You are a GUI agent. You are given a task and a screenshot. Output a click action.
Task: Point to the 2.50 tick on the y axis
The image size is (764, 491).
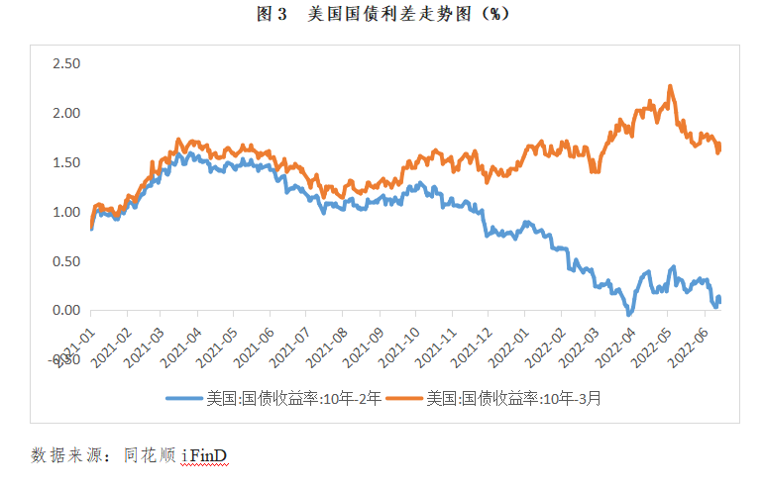pos(65,64)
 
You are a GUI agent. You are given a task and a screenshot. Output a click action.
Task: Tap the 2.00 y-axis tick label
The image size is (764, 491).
pos(65,113)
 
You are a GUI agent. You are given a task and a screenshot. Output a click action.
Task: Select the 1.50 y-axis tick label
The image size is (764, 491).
pos(65,162)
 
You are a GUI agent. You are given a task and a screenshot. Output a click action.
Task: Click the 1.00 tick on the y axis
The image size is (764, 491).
pos(65,212)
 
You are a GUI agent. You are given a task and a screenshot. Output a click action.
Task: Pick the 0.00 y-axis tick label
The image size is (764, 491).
pos(65,310)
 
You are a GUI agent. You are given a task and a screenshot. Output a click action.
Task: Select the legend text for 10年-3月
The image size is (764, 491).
pos(513,399)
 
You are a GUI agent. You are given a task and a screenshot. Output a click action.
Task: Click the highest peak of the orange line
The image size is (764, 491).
pos(671,86)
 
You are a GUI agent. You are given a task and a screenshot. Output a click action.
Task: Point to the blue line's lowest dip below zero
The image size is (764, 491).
pos(628,314)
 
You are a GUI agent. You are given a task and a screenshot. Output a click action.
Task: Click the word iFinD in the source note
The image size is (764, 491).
pos(206,455)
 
